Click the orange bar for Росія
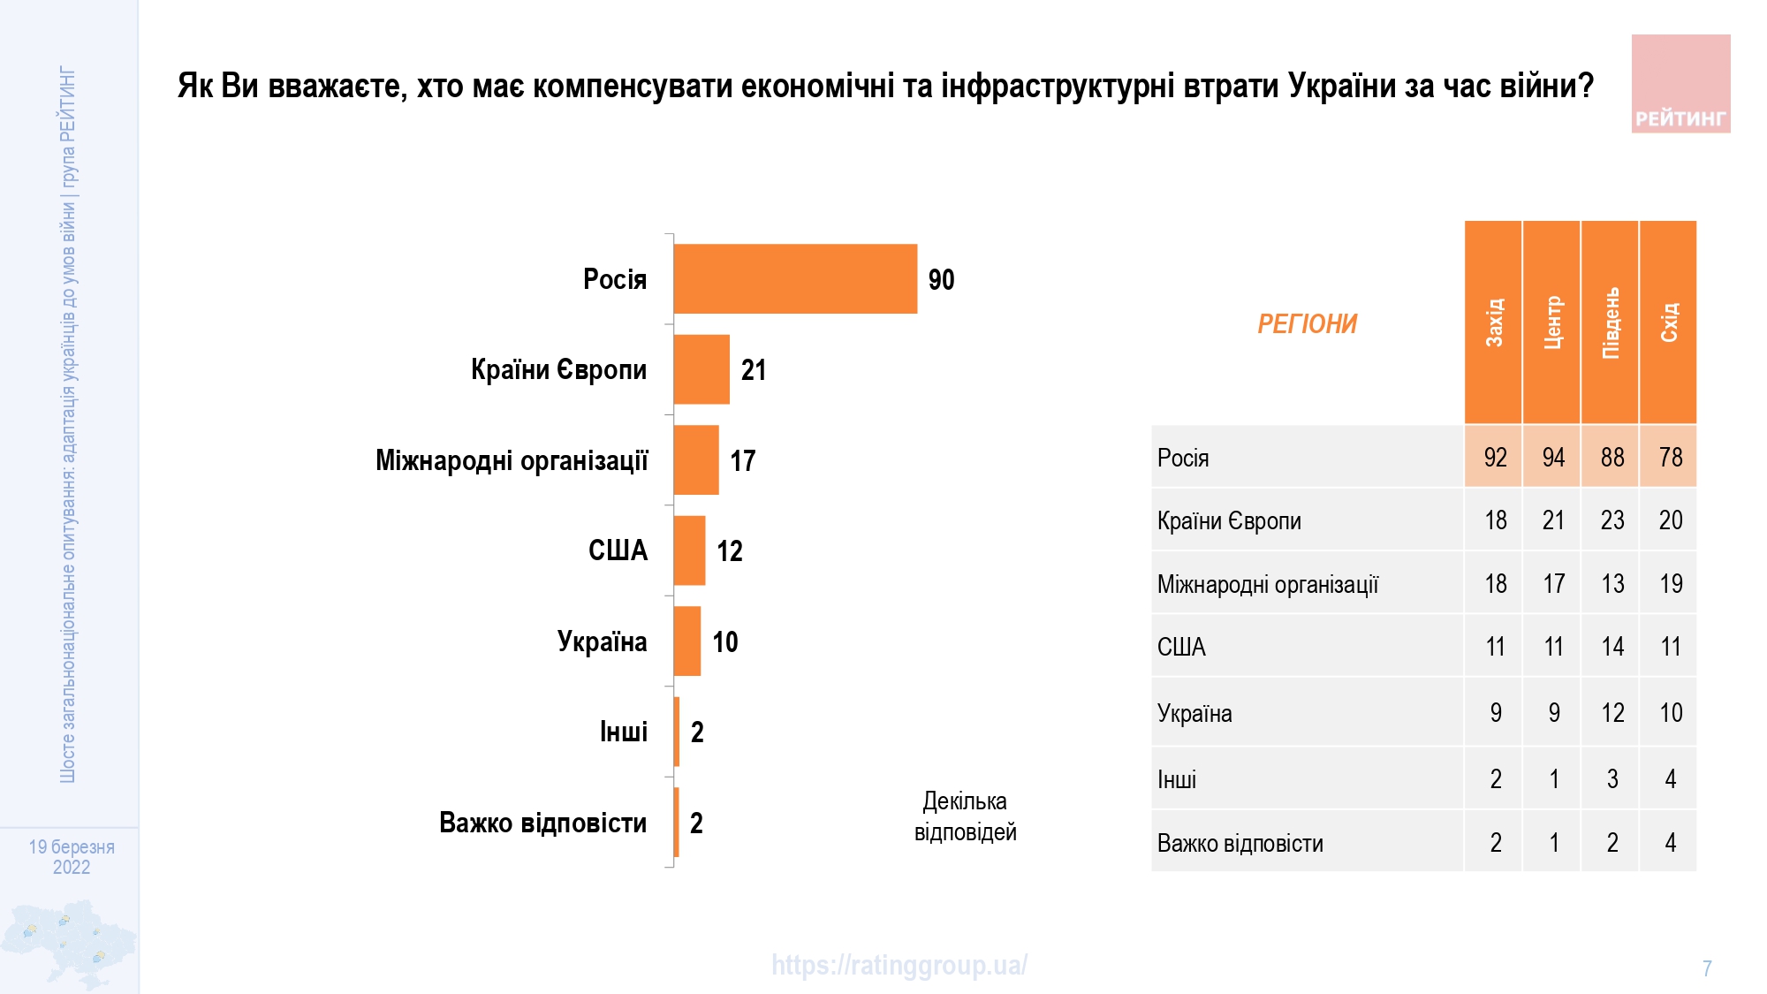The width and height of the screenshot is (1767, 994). point(795,279)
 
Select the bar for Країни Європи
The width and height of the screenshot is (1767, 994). point(701,369)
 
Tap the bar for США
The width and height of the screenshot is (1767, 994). point(689,550)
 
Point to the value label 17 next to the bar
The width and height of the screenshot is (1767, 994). point(742,460)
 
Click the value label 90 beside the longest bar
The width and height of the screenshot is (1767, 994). point(941,280)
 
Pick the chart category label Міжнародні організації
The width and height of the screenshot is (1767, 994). point(512,460)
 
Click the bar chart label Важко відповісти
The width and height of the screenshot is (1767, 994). point(542,823)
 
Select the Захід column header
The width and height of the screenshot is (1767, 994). point(1493,322)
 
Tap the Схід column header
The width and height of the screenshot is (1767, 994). point(1668,322)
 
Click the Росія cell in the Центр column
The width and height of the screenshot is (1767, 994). point(1552,457)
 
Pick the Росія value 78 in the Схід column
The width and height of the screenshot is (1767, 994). point(1670,457)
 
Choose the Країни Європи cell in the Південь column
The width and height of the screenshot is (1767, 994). point(1612,520)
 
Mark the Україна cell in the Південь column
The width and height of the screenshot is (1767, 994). point(1612,712)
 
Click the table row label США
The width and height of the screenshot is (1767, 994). point(1181,648)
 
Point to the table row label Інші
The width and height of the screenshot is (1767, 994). point(1177,779)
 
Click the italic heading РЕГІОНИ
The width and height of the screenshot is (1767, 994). point(1307,324)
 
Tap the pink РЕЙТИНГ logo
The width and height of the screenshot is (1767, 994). point(1680,84)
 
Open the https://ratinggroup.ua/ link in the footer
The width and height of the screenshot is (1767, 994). point(899,965)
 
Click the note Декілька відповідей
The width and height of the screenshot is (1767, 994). point(965,816)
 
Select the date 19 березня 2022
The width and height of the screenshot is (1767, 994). point(72,857)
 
